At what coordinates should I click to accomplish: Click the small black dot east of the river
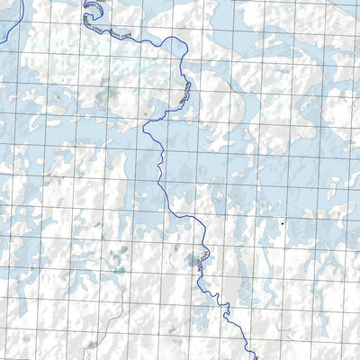pyautogui.click(x=282, y=221)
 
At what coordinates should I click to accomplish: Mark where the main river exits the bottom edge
pyautogui.click(x=255, y=357)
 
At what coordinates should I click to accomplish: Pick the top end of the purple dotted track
pyautogui.click(x=125, y=290)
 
